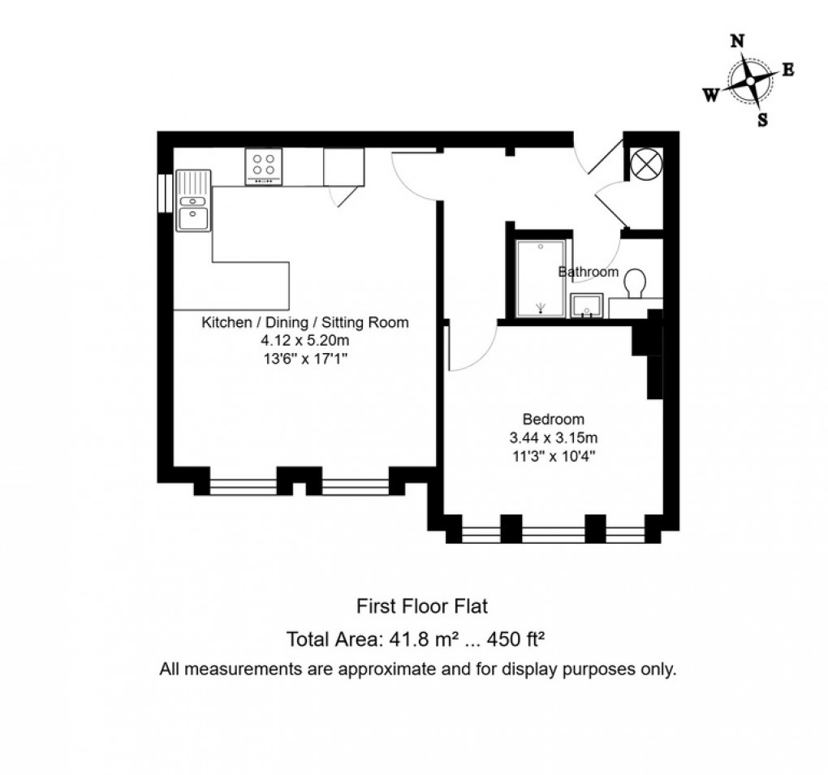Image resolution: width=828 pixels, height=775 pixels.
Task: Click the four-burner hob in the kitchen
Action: [264, 166]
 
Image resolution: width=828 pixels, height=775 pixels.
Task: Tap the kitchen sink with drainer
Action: [193, 200]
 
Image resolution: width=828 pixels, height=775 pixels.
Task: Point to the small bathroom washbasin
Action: [586, 307]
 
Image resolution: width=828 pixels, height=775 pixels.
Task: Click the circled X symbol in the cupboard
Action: [647, 165]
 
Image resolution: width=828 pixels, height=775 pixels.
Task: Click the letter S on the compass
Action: [762, 120]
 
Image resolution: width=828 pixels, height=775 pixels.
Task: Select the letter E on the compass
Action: [787, 70]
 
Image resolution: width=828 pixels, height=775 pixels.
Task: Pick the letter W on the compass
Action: [710, 96]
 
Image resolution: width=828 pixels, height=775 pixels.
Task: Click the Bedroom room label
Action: [554, 420]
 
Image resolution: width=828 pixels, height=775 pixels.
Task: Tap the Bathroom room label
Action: [589, 272]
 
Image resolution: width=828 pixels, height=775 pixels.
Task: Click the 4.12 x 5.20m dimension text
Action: [305, 341]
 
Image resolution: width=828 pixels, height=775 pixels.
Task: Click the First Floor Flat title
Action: [422, 605]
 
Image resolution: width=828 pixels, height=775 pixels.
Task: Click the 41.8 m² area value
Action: [414, 639]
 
